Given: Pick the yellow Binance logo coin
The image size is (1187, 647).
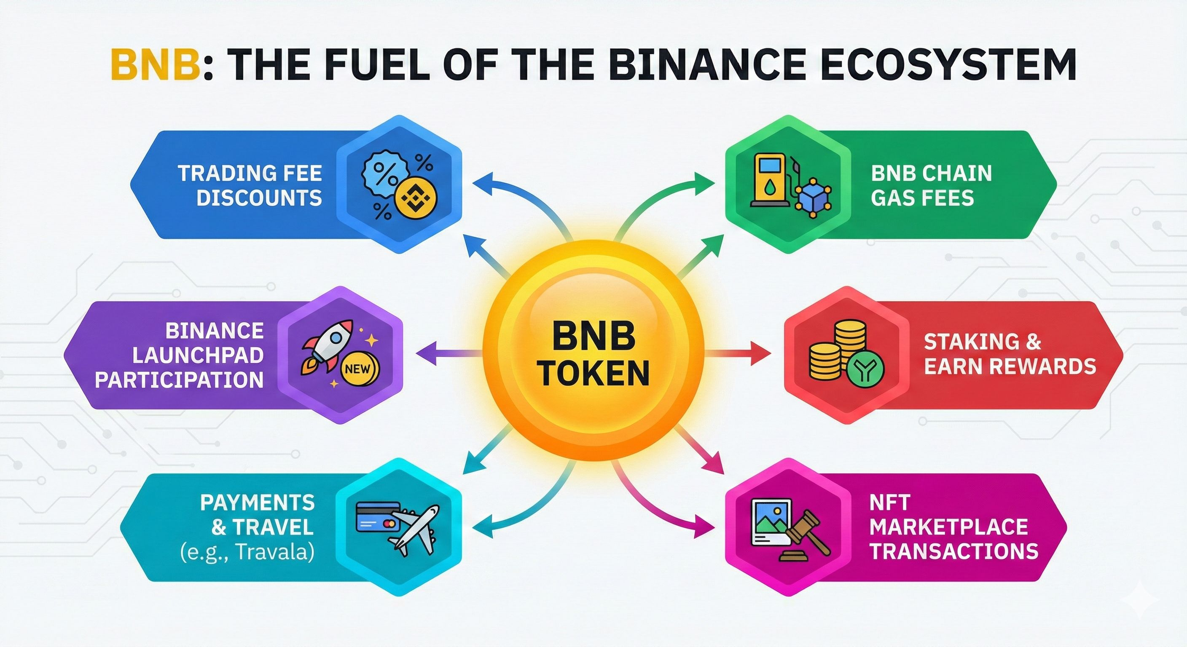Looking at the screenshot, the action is [x=416, y=199].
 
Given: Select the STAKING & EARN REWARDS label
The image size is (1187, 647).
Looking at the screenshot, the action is [x=1009, y=355].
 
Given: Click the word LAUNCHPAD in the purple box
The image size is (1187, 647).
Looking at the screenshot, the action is [x=198, y=356].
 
